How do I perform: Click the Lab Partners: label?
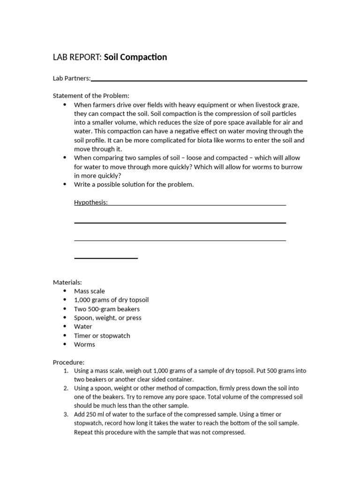[x=72, y=78]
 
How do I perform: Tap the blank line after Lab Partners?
[x=199, y=80]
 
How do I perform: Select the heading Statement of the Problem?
[x=91, y=96]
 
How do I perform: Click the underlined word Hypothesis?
[x=91, y=202]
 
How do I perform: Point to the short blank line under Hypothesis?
[x=106, y=258]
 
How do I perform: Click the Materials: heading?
[x=67, y=282]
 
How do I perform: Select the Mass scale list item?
[x=90, y=291]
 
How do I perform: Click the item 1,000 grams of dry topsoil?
[x=111, y=300]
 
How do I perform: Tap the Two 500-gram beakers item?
[x=107, y=309]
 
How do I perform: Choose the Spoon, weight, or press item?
[x=108, y=318]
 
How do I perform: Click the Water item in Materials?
[x=83, y=327]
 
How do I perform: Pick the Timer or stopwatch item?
[x=102, y=336]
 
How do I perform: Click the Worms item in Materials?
[x=84, y=345]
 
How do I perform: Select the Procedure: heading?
[x=68, y=362]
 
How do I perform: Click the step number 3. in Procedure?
[x=66, y=414]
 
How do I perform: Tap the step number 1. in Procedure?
[x=66, y=371]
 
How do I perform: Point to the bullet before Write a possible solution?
[x=65, y=185]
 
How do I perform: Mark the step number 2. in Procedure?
[x=66, y=388]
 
